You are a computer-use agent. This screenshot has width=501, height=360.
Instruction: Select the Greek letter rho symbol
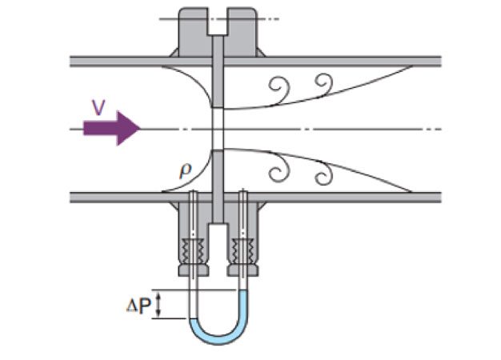[x=185, y=170]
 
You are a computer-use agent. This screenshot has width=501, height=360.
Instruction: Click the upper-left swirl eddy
[x=281, y=85]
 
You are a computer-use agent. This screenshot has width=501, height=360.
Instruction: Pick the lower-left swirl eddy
[x=281, y=170]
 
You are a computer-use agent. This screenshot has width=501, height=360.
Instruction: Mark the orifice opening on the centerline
[x=216, y=128]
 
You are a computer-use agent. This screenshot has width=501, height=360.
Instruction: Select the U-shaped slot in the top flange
[x=216, y=24]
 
